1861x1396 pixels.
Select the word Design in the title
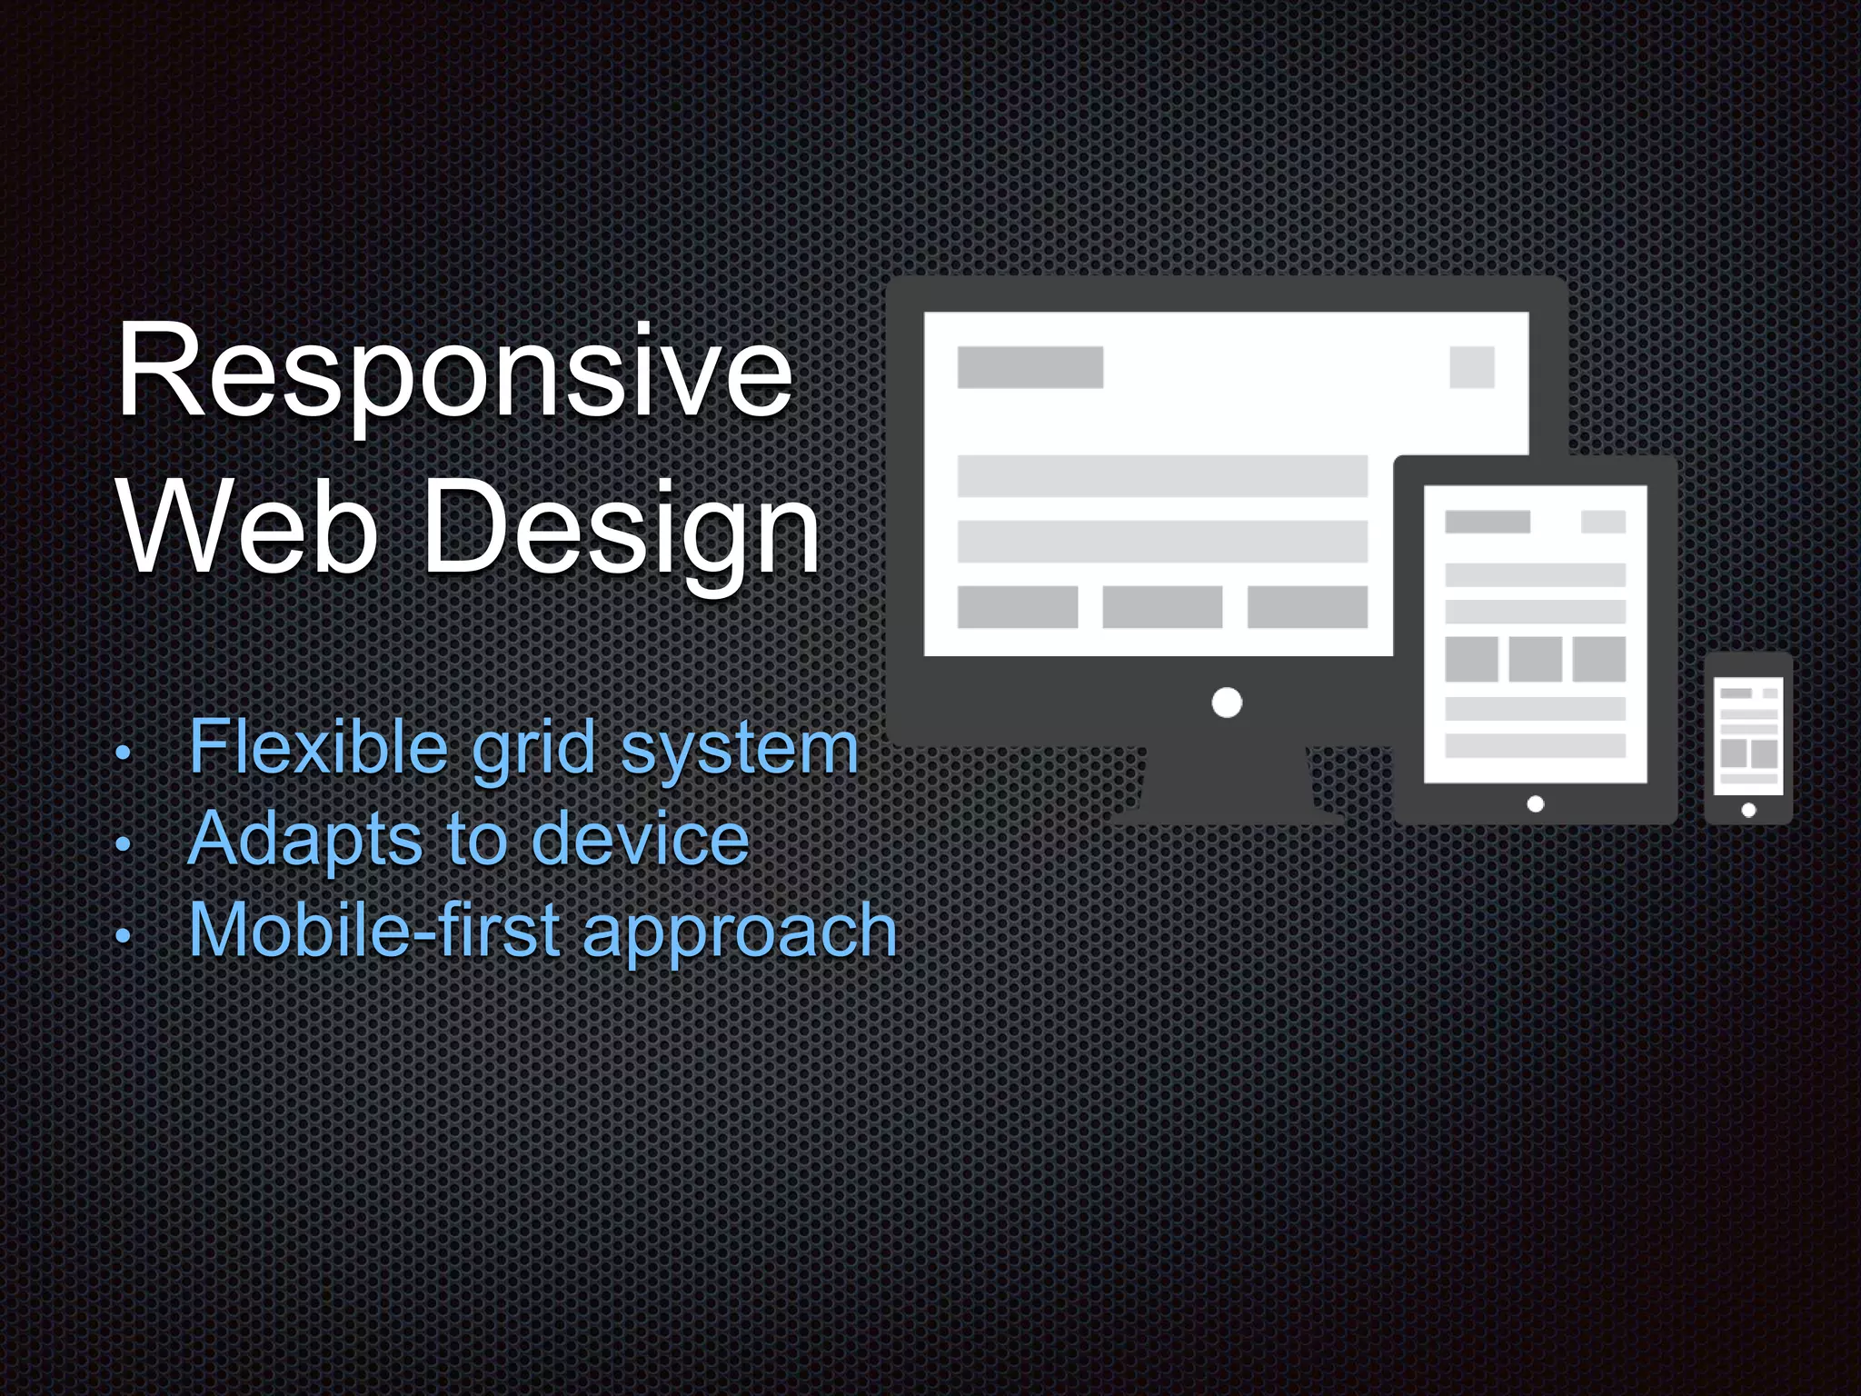[x=622, y=532]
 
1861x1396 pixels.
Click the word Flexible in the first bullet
[x=318, y=747]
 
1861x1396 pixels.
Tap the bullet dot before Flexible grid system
[x=124, y=753]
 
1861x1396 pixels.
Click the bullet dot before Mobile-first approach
[x=124, y=936]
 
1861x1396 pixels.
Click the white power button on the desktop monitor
[x=1227, y=703]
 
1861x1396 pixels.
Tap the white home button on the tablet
[x=1536, y=804]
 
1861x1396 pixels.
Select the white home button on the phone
[x=1748, y=810]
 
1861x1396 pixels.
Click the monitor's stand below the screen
[x=1227, y=786]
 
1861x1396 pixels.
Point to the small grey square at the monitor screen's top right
[x=1472, y=367]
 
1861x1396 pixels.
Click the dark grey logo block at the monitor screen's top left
[x=1030, y=367]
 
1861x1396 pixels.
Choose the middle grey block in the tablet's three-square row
[x=1536, y=659]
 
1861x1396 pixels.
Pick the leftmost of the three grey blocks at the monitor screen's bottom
[x=1018, y=607]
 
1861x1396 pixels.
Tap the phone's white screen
[x=1748, y=736]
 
